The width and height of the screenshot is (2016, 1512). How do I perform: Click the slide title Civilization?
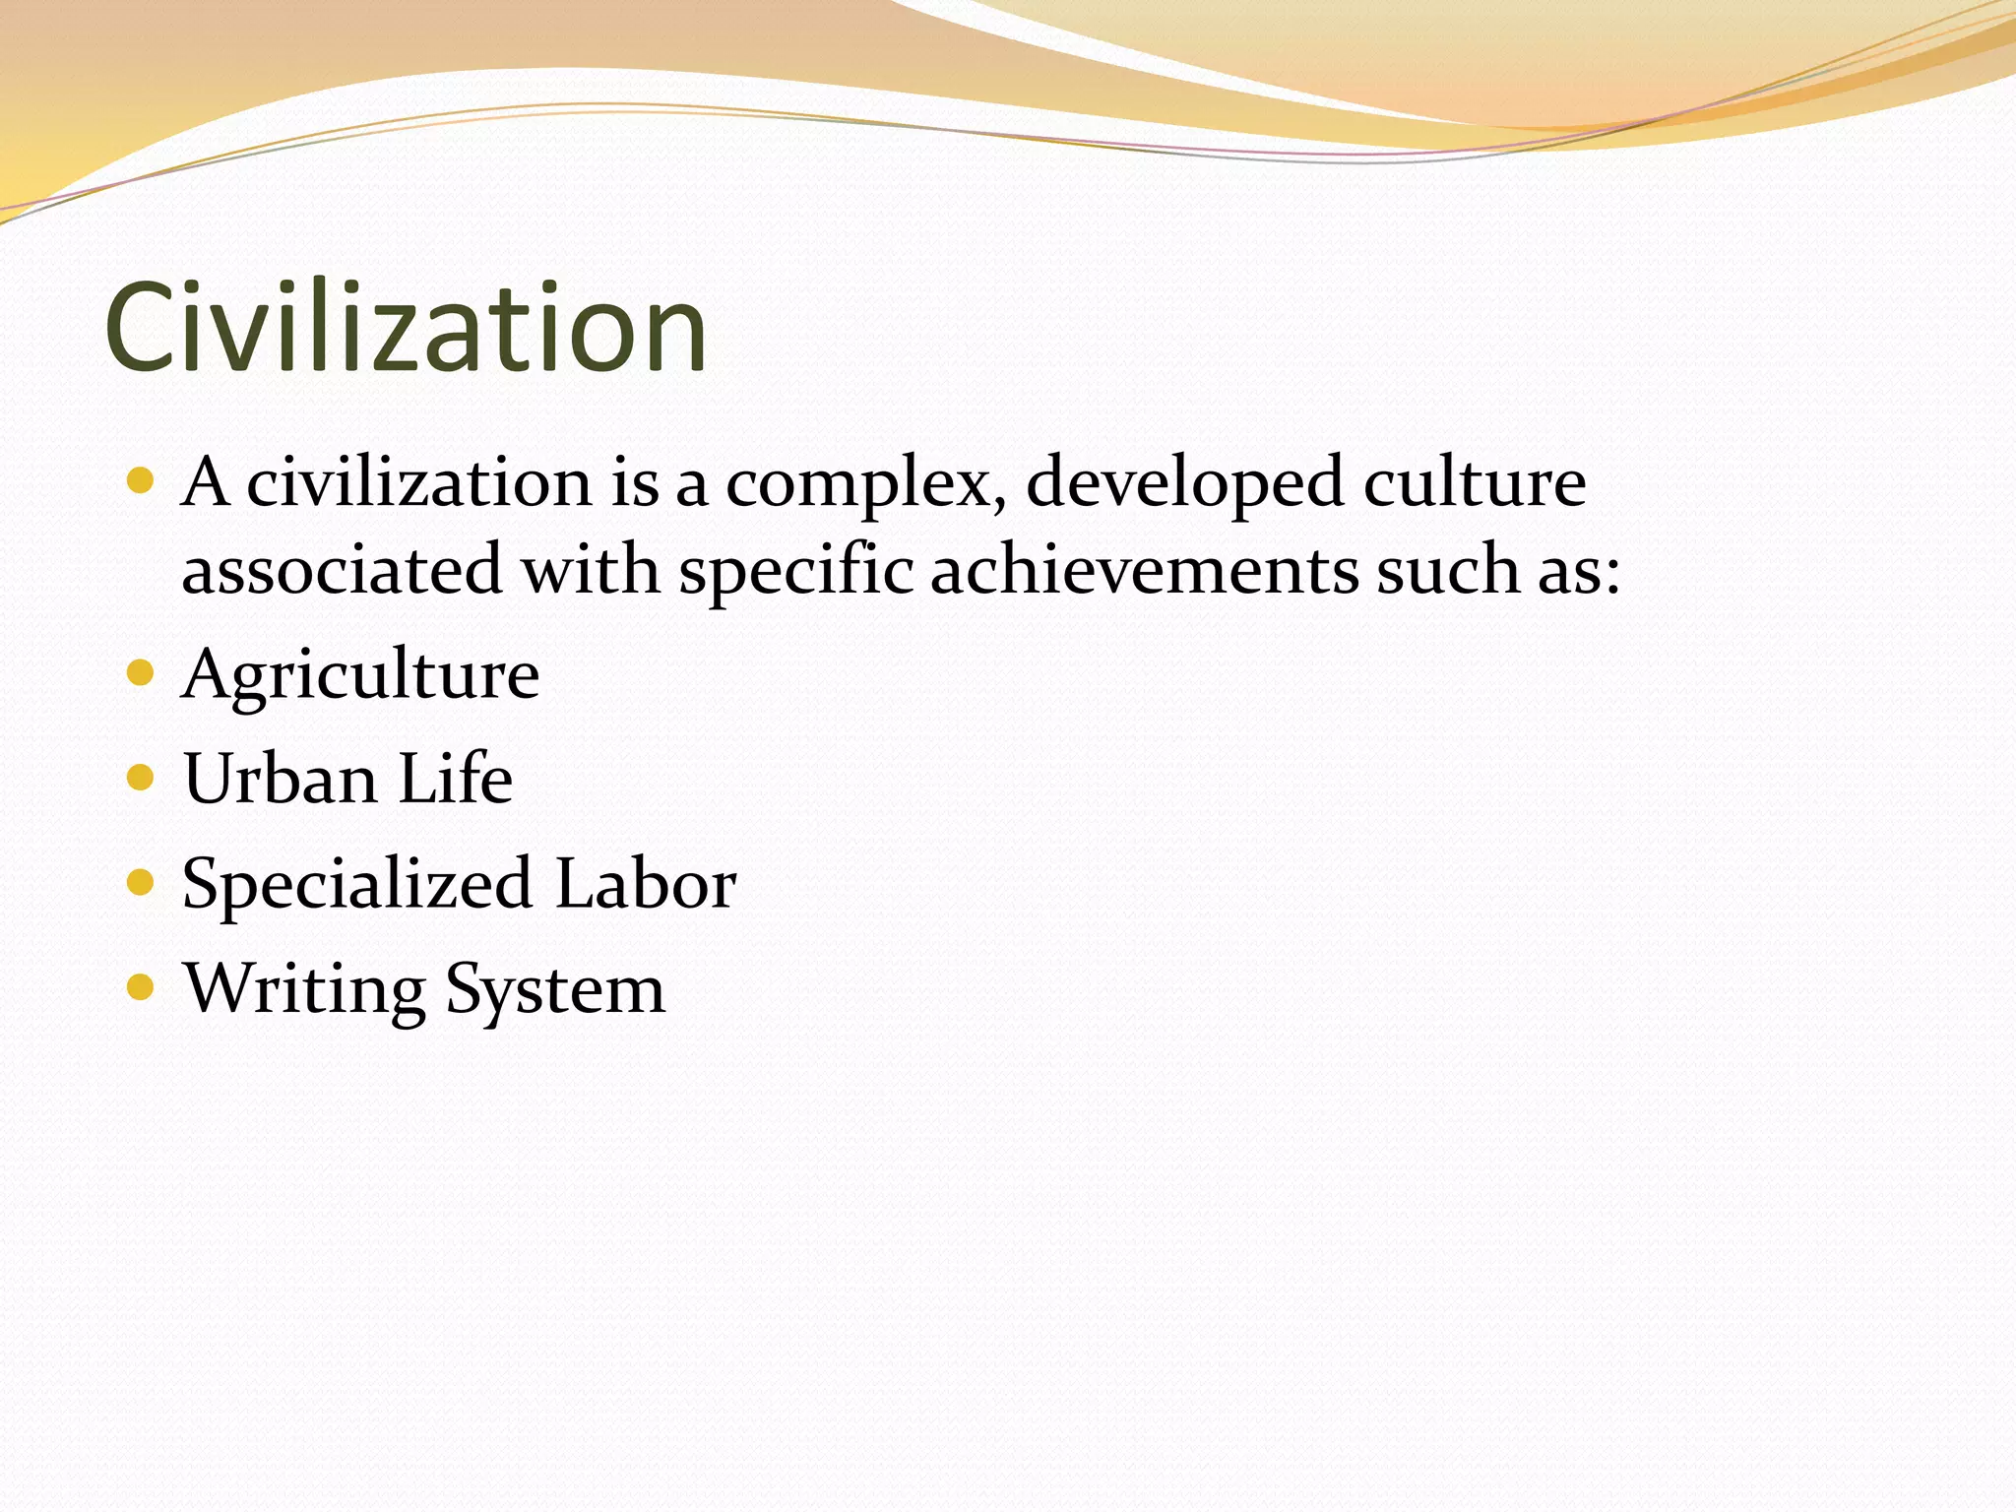(x=406, y=328)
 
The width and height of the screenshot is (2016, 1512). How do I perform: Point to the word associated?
(x=342, y=571)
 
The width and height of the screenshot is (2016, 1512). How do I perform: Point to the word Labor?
(x=645, y=884)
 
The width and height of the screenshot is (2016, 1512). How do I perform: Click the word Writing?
(x=304, y=990)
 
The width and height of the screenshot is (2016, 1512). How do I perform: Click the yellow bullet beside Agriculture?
(x=141, y=673)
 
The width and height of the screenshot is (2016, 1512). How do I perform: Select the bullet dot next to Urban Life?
(x=141, y=778)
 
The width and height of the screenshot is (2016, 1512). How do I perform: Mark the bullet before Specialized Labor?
(x=141, y=882)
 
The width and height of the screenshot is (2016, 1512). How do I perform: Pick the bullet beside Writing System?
(x=141, y=986)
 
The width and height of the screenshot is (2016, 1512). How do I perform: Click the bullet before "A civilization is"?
(x=141, y=481)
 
